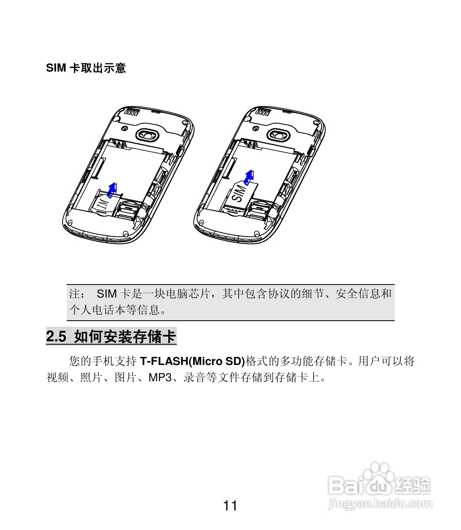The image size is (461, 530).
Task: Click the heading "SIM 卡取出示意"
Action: coord(86,68)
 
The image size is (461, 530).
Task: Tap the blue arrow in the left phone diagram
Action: coord(113,189)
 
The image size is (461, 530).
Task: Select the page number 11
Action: coord(230,506)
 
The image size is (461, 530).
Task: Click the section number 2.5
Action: coord(56,337)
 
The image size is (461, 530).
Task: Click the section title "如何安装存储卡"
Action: coord(125,337)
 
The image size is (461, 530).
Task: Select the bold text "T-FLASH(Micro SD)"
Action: coord(192,361)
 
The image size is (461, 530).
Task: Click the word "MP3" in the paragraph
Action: coord(160,378)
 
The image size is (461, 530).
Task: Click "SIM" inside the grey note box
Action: coord(107,293)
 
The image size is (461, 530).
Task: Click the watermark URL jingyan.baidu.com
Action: coord(380,504)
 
